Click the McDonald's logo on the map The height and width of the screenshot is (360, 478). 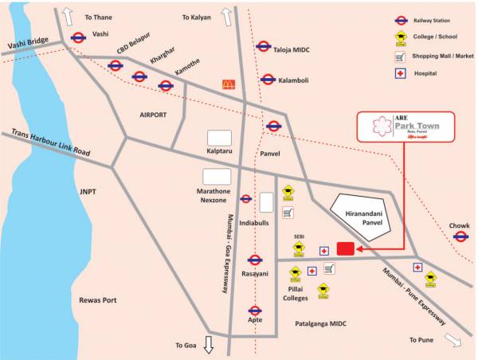pos(229,84)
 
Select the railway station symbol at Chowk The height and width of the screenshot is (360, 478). pos(460,237)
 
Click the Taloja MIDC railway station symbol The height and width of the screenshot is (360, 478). pos(263,45)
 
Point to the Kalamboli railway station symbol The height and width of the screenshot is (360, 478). pos(268,80)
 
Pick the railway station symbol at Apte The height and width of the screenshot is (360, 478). pos(255,311)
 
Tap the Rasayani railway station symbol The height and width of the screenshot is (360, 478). pos(255,260)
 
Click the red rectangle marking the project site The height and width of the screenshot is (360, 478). pos(345,249)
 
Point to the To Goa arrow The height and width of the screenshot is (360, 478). pos(209,344)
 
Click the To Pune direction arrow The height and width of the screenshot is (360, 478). pos(453,340)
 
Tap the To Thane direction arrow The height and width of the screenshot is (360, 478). pos(69,15)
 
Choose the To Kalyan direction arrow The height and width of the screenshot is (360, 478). pos(226,15)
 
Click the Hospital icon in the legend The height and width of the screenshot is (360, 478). pos(401,75)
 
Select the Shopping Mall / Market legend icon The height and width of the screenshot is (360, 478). pos(401,57)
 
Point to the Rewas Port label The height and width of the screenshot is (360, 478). pos(98,300)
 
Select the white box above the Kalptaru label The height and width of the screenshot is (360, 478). pos(219,137)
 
